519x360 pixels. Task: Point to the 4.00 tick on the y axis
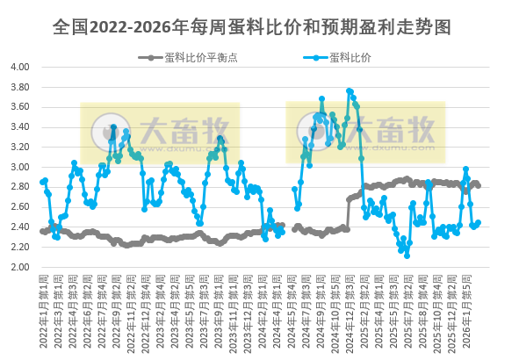[20, 67]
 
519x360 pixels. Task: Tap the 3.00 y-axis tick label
[20, 168]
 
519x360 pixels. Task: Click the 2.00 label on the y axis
[20, 268]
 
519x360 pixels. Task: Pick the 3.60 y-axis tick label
[20, 107]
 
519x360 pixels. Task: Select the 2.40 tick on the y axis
[20, 227]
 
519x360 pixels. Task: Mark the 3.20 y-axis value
[20, 148]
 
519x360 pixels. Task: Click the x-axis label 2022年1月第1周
[44, 312]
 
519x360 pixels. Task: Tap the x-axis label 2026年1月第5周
[475, 312]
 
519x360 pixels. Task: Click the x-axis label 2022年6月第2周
[87, 312]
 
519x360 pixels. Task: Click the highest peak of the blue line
[350, 90]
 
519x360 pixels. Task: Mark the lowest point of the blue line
[407, 256]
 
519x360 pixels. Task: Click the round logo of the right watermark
[315, 133]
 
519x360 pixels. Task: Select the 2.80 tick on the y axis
[20, 188]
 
